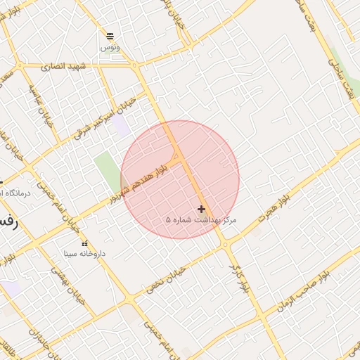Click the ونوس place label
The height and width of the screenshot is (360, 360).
click(x=110, y=46)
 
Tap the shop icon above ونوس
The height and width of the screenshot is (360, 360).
click(x=110, y=36)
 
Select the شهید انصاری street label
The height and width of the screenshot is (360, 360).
click(x=63, y=66)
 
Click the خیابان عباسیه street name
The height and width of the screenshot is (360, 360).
click(x=41, y=106)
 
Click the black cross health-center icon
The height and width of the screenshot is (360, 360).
click(x=202, y=209)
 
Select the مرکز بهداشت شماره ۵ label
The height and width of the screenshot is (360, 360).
click(x=201, y=220)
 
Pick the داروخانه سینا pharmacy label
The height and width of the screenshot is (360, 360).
click(x=84, y=253)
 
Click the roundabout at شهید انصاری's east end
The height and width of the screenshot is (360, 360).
click(x=134, y=65)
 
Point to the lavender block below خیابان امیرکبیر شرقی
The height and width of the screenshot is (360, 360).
click(x=120, y=126)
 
